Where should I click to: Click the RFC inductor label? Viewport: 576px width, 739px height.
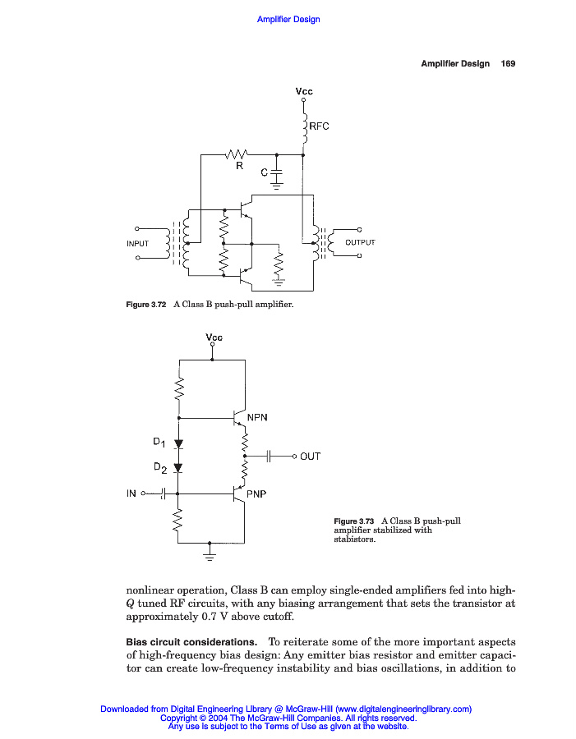pyautogui.click(x=319, y=126)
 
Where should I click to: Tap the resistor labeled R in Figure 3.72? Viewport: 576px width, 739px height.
pyautogui.click(x=237, y=154)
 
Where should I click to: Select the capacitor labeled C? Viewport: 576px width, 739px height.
pyautogui.click(x=276, y=174)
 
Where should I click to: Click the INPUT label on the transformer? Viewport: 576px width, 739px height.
pyautogui.click(x=138, y=244)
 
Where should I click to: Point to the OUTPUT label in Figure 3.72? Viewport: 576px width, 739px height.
pyautogui.click(x=360, y=243)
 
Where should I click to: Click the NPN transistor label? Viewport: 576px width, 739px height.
pyautogui.click(x=258, y=417)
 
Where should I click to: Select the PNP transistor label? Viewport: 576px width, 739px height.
pyautogui.click(x=257, y=493)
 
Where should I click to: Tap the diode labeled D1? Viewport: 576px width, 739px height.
pyautogui.click(x=178, y=444)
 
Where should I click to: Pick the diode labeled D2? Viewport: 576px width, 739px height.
pyautogui.click(x=178, y=468)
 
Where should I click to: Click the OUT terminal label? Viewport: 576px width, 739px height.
pyautogui.click(x=311, y=457)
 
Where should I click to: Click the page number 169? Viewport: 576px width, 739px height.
pyautogui.click(x=508, y=64)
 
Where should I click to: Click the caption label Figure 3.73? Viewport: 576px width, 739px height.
pyautogui.click(x=353, y=521)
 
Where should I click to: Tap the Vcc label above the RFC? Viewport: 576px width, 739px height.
pyautogui.click(x=304, y=91)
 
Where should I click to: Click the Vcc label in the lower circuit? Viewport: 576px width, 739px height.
pyautogui.click(x=213, y=337)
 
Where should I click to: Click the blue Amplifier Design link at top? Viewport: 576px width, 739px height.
pyautogui.click(x=288, y=20)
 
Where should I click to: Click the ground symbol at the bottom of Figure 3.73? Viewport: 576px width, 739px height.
pyautogui.click(x=210, y=558)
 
